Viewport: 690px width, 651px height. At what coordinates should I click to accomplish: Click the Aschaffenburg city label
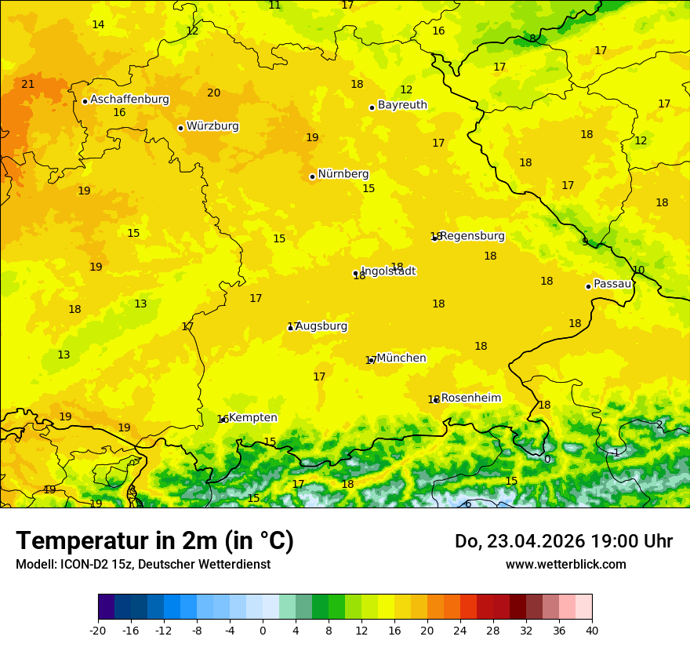[x=129, y=100]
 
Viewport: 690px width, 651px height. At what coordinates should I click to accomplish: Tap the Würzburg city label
[x=212, y=126]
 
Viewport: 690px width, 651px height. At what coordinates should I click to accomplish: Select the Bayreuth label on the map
[x=402, y=105]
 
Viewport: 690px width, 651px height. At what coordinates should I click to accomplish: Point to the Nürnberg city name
[x=343, y=174]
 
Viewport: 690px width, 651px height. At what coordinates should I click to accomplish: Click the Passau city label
[x=612, y=284]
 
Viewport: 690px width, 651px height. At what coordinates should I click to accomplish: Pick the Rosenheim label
[x=470, y=398]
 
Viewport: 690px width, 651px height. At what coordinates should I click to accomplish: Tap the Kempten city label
[x=252, y=418]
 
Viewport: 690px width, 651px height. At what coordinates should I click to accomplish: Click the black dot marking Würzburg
[x=180, y=128]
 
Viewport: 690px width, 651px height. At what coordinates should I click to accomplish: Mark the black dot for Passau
[x=588, y=286]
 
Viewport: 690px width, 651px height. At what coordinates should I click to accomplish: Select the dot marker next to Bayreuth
[x=372, y=107]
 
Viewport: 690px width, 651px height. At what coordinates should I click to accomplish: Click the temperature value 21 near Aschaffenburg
[x=28, y=84]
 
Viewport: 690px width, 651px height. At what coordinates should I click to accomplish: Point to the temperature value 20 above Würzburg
[x=213, y=93]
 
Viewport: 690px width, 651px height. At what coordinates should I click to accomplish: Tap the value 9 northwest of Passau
[x=585, y=242]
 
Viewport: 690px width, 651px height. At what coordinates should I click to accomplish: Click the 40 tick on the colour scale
[x=591, y=630]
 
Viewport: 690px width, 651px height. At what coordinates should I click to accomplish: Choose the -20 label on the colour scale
[x=98, y=630]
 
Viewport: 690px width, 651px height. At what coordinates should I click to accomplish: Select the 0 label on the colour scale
[x=263, y=630]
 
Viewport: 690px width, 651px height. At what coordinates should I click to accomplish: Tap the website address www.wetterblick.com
[x=565, y=564]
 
